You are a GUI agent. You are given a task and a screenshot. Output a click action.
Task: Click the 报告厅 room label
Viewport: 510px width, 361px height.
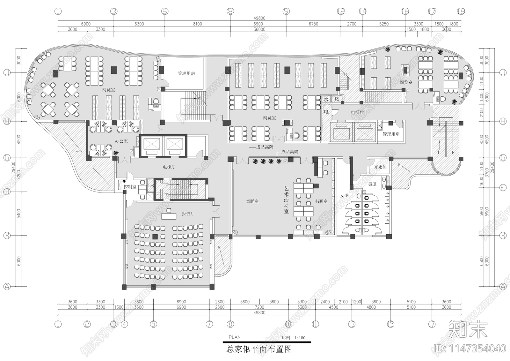pyautogui.click(x=188, y=214)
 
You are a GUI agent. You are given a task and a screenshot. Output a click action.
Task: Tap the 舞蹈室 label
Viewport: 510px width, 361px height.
pyautogui.click(x=252, y=201)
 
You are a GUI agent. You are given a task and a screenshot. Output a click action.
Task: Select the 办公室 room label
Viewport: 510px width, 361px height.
pyautogui.click(x=121, y=141)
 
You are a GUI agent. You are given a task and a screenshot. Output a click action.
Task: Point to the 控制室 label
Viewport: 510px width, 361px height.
pyautogui.click(x=130, y=186)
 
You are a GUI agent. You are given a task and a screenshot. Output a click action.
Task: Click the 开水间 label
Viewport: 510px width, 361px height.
pyautogui.click(x=380, y=167)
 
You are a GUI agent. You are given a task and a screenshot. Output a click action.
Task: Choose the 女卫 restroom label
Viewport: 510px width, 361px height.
pyautogui.click(x=345, y=196)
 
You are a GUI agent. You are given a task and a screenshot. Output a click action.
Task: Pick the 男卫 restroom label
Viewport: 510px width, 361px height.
pyautogui.click(x=372, y=184)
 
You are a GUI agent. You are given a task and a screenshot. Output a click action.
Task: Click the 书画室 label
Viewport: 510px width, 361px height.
pyautogui.click(x=321, y=201)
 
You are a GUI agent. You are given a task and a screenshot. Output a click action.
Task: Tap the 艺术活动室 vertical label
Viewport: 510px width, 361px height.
pyautogui.click(x=286, y=200)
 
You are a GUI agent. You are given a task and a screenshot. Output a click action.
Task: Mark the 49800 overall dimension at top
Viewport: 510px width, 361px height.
pyautogui.click(x=259, y=18)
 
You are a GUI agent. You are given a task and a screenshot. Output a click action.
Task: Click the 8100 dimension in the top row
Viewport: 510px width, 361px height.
pyautogui.click(x=197, y=24)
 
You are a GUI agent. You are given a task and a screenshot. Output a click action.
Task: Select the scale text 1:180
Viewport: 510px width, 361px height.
pyautogui.click(x=300, y=338)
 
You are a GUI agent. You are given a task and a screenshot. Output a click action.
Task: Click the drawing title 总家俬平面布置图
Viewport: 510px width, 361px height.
pyautogui.click(x=259, y=349)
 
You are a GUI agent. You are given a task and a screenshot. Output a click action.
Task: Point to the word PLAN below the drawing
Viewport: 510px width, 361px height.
pyautogui.click(x=235, y=337)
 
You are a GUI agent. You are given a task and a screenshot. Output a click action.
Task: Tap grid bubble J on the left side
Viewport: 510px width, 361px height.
pyautogui.click(x=7, y=73)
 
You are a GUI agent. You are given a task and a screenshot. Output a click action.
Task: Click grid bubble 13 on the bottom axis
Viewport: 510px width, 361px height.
pyautogui.click(x=352, y=324)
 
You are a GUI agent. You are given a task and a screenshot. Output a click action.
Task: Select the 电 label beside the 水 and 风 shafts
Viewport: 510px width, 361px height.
pyautogui.click(x=326, y=112)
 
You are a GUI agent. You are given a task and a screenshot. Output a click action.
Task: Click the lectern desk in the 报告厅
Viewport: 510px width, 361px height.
pyautogui.click(x=169, y=216)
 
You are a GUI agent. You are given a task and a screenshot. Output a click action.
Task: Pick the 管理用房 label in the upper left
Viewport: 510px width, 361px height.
pyautogui.click(x=186, y=73)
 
